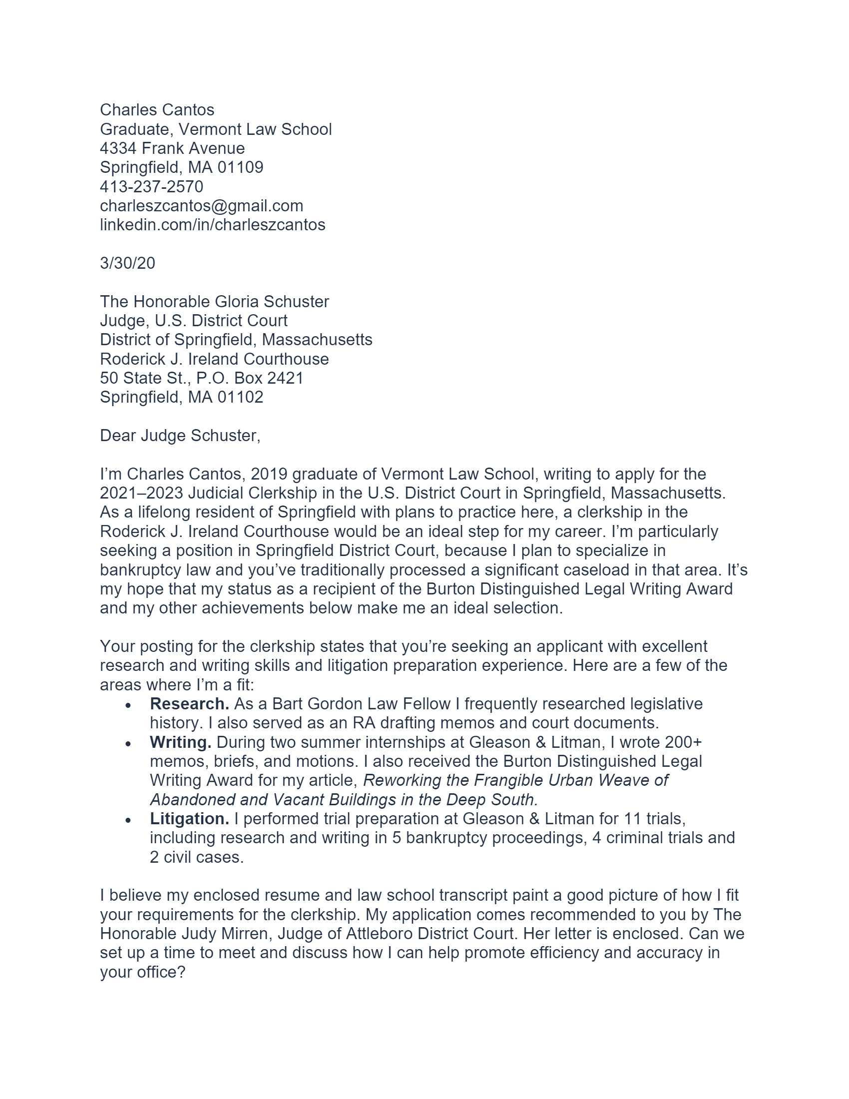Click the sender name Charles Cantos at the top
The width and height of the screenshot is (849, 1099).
[x=157, y=110]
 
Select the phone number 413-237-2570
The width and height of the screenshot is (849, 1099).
[x=151, y=187]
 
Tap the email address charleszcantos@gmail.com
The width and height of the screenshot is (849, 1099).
[x=201, y=206]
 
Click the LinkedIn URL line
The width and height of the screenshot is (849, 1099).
[x=212, y=225]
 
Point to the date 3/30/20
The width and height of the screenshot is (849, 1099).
[x=127, y=263]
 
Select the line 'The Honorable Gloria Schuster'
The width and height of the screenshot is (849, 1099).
[x=214, y=302]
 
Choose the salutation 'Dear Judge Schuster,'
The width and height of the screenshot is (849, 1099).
[x=180, y=436]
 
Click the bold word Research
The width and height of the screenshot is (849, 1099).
[x=189, y=704]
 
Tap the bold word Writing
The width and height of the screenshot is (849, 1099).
[x=181, y=742]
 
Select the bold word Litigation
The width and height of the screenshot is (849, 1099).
[x=189, y=819]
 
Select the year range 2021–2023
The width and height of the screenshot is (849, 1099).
[x=141, y=493]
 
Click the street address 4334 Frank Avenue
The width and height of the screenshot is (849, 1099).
[x=172, y=148]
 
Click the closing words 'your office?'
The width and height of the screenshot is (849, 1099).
[x=143, y=972]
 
